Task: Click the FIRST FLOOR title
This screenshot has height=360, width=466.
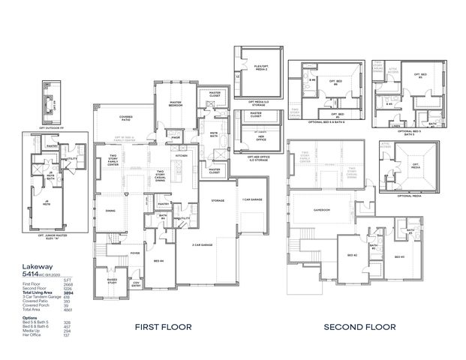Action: [163, 326]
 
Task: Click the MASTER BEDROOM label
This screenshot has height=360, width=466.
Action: [175, 104]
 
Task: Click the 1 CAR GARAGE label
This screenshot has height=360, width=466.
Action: [251, 200]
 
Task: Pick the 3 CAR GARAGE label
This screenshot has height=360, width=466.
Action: [200, 245]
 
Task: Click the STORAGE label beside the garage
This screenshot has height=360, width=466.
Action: [218, 200]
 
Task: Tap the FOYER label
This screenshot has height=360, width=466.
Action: [135, 253]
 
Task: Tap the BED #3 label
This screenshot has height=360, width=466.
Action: [397, 256]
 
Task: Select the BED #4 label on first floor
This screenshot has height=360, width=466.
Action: [158, 260]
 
